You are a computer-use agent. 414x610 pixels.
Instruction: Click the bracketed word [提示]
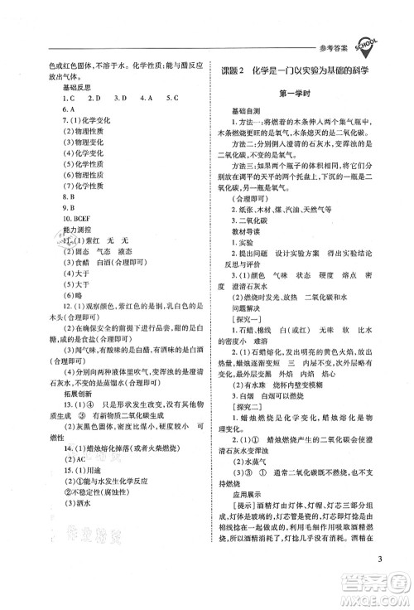(245, 570)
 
